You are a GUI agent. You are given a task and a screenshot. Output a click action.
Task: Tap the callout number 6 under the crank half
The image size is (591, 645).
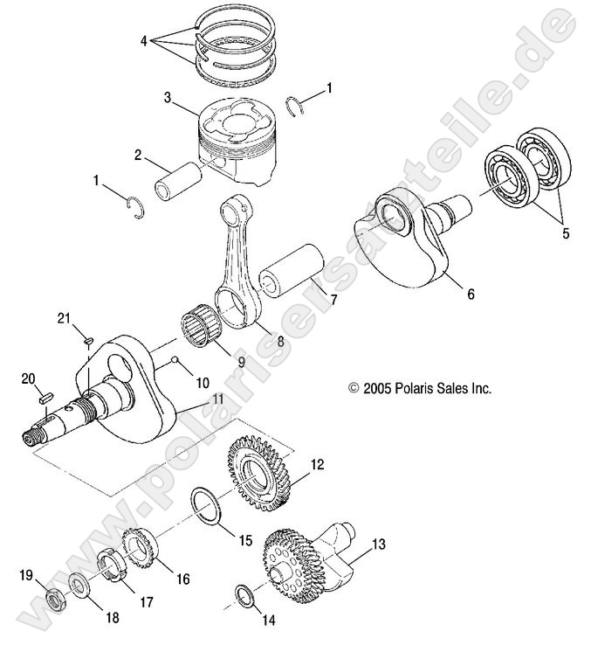(470, 295)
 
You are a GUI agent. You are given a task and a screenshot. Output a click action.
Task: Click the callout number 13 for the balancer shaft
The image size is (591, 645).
(378, 544)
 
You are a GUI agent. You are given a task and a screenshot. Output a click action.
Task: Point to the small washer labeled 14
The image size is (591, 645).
(245, 597)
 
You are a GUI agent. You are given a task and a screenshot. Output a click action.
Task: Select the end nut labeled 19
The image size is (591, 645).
(58, 600)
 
